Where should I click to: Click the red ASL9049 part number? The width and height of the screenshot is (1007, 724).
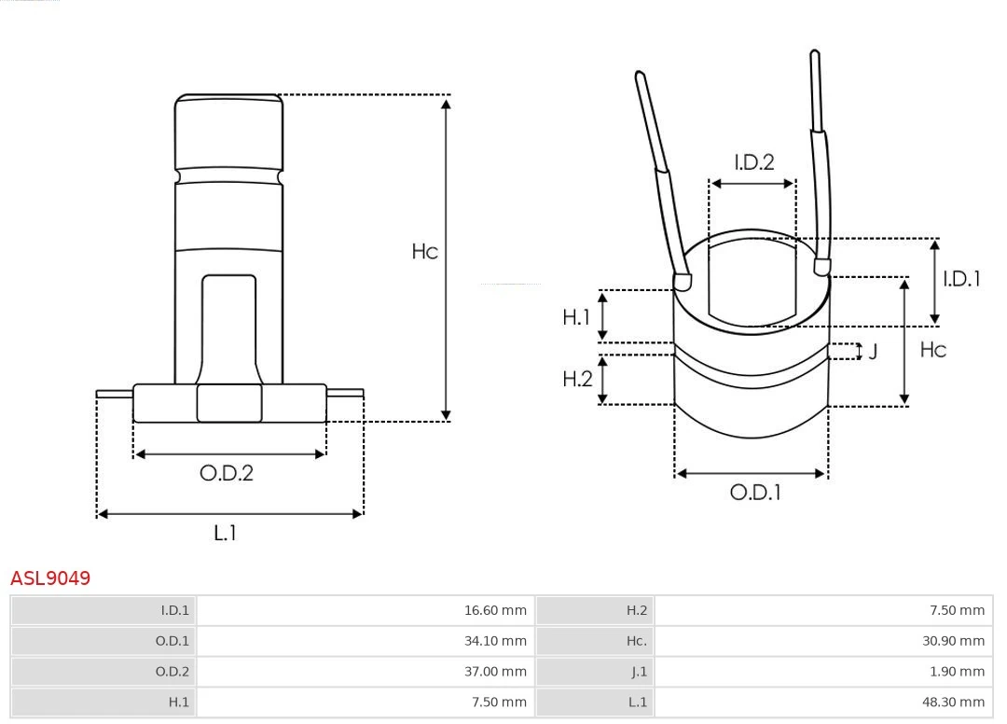pyautogui.click(x=50, y=578)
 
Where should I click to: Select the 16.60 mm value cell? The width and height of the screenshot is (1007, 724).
pyautogui.click(x=495, y=611)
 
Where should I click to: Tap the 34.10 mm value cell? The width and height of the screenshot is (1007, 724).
pyautogui.click(x=495, y=641)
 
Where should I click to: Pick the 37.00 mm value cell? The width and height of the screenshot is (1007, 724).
pyautogui.click(x=495, y=672)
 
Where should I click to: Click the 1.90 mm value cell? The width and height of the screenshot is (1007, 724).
pyautogui.click(x=957, y=672)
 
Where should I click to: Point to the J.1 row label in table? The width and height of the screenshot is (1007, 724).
pyautogui.click(x=637, y=672)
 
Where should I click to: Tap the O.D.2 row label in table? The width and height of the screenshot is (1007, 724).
pyautogui.click(x=172, y=672)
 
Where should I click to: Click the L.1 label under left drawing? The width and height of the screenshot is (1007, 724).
pyautogui.click(x=226, y=534)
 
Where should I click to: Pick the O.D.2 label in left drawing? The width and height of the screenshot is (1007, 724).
pyautogui.click(x=227, y=473)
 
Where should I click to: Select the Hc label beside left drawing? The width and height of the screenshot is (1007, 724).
pyautogui.click(x=424, y=252)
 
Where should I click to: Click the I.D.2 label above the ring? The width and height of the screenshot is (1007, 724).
pyautogui.click(x=753, y=162)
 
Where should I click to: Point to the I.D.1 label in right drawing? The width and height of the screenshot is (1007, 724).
pyautogui.click(x=961, y=279)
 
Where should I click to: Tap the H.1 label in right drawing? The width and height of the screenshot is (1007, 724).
pyautogui.click(x=577, y=318)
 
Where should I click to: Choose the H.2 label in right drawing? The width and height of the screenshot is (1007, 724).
pyautogui.click(x=577, y=379)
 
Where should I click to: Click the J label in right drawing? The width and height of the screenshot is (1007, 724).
pyautogui.click(x=873, y=353)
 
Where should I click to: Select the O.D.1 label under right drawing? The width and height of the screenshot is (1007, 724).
pyautogui.click(x=754, y=493)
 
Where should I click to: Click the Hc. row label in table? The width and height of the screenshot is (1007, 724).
pyautogui.click(x=636, y=641)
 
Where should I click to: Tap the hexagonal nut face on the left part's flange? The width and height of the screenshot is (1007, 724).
pyautogui.click(x=229, y=403)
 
